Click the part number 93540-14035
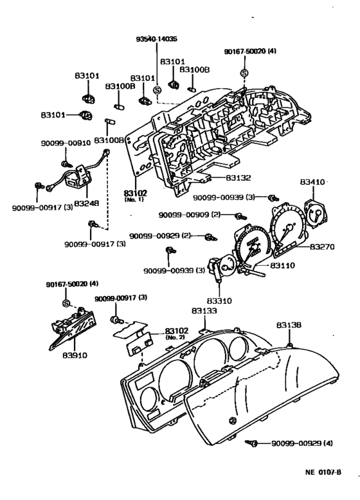[x=156, y=39]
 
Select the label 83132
[x=239, y=178]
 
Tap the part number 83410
[x=312, y=181]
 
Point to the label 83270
[x=322, y=246]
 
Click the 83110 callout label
[x=283, y=265]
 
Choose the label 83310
[x=219, y=301]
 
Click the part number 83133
[x=204, y=311]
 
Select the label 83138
[x=289, y=325]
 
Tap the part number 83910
[x=75, y=355]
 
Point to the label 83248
[x=86, y=203]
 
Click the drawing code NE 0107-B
[x=323, y=472]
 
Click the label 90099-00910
[x=66, y=143]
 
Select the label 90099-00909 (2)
[x=190, y=215]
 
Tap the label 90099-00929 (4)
[x=302, y=443]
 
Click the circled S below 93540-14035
[x=157, y=90]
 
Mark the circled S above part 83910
[x=66, y=303]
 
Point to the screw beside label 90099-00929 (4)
[x=251, y=443]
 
